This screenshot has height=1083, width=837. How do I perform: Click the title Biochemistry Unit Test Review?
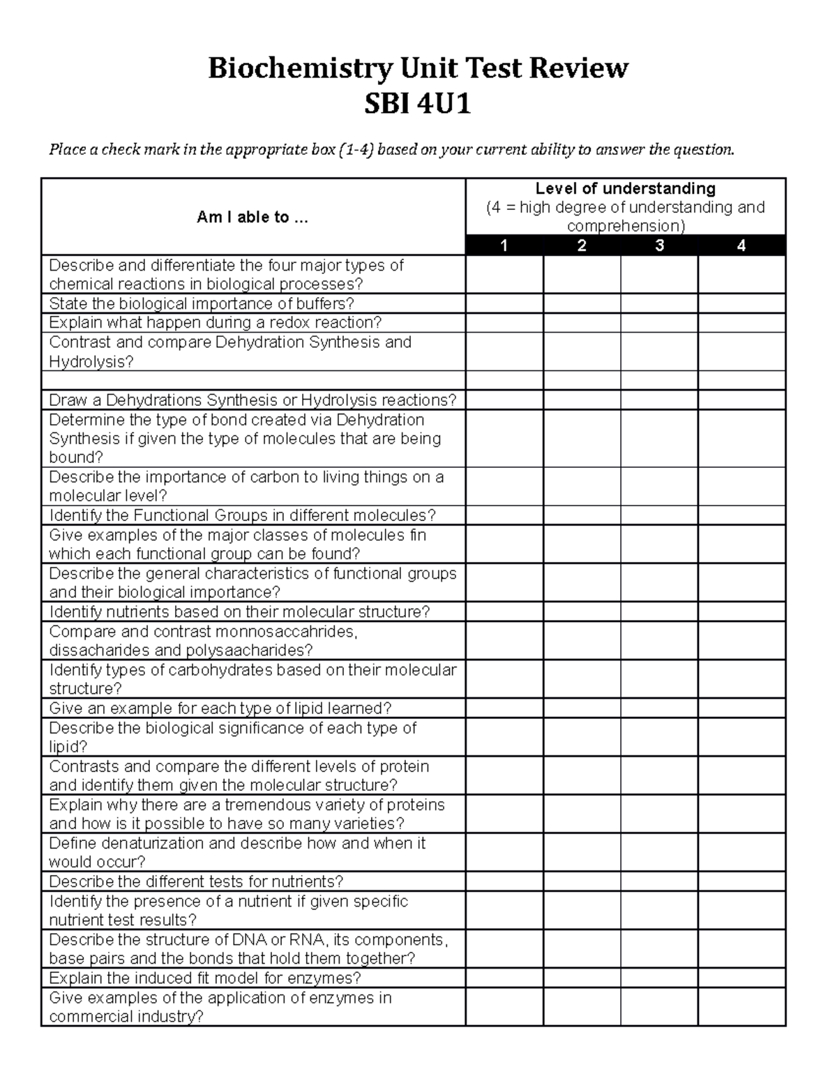point(418,68)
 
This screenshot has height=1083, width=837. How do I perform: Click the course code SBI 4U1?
point(418,105)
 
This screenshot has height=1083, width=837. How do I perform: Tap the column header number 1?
point(504,245)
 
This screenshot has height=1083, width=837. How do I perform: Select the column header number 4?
point(741,245)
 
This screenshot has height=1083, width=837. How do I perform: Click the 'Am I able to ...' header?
point(252,217)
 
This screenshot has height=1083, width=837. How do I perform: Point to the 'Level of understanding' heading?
point(625,188)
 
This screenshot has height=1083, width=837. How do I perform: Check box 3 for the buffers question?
point(659,303)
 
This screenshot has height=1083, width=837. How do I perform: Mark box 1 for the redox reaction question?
point(504,323)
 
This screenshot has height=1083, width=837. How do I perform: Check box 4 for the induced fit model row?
point(741,978)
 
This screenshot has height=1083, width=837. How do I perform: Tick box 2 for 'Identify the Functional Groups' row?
point(582,515)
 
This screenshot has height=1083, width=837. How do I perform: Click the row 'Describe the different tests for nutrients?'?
point(196,881)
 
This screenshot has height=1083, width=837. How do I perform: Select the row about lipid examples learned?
point(220,709)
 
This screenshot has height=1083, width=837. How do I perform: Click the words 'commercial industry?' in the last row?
point(126,1017)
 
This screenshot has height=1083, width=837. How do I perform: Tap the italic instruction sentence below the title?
point(391,149)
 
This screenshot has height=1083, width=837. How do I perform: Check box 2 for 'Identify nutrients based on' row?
point(582,612)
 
